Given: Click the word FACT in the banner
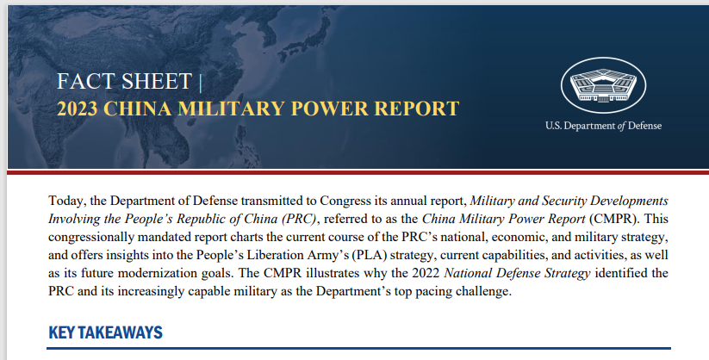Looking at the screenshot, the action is point(83,82).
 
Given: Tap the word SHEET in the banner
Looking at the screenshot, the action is point(157,82).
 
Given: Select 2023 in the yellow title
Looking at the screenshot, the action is point(77,109).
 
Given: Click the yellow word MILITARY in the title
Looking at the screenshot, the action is point(232,109).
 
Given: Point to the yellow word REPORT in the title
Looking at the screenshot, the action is point(417,109).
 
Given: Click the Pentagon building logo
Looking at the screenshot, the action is point(603,85).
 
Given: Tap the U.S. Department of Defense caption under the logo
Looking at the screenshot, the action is point(603,126).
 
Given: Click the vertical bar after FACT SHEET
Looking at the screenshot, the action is point(200,83).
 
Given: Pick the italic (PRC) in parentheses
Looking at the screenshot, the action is point(299,219).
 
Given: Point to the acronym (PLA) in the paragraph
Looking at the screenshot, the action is point(369,255).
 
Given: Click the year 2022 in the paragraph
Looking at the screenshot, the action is point(426,273).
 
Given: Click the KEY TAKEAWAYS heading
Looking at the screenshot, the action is point(105,332).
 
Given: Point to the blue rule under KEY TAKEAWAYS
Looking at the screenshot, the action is point(358,348).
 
